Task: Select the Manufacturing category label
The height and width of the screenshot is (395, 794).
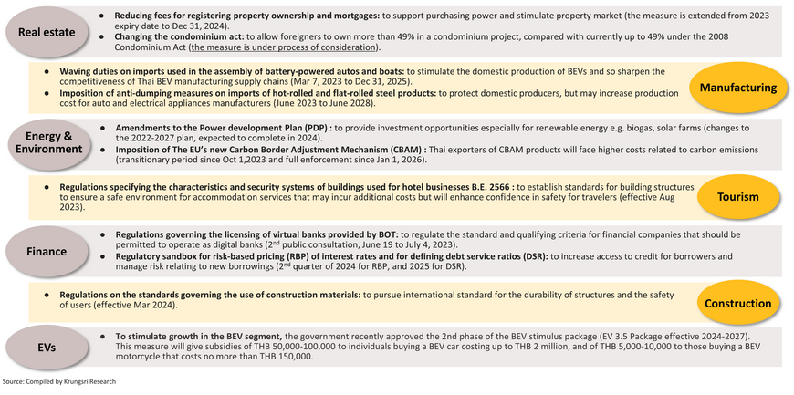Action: tap(738, 88)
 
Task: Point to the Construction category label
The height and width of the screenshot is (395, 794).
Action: tap(738, 303)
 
